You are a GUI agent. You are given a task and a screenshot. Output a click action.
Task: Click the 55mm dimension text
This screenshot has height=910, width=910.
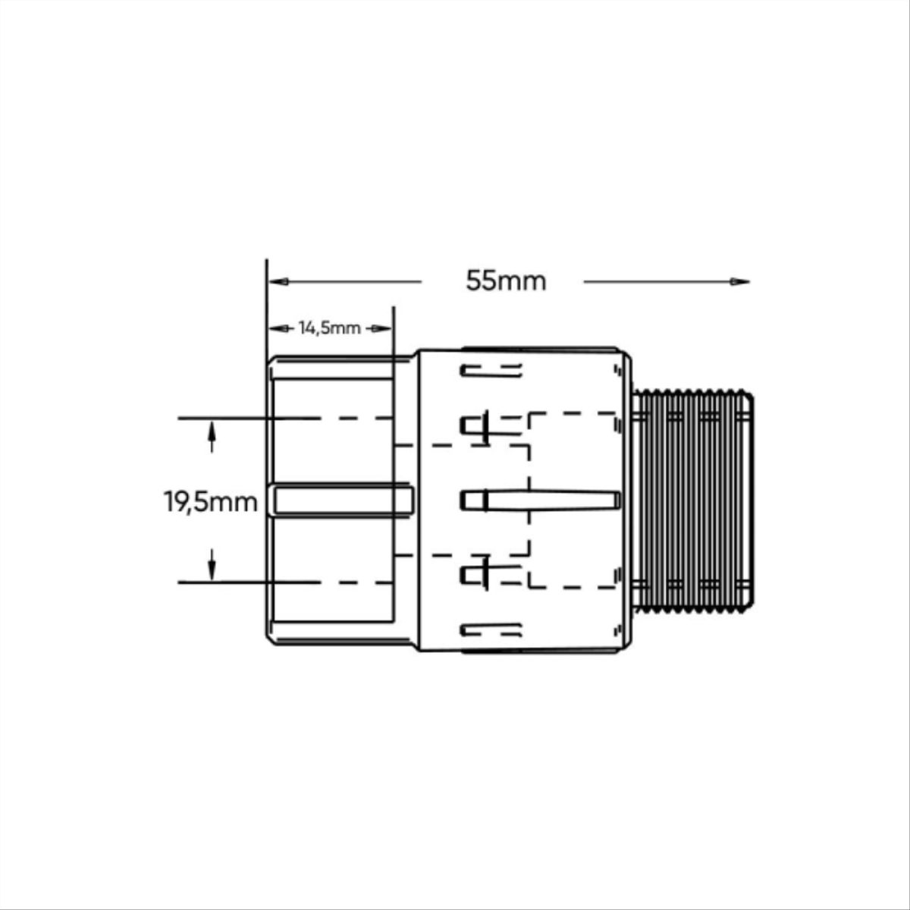(x=506, y=281)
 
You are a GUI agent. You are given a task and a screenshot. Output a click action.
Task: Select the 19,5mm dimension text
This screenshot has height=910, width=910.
(x=211, y=501)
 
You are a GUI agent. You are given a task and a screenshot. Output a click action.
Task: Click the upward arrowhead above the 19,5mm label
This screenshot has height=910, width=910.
(x=212, y=431)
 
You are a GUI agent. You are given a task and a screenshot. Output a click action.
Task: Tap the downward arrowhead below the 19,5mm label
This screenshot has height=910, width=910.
(x=212, y=570)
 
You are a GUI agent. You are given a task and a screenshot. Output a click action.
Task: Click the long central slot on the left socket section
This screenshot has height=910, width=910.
(x=343, y=500)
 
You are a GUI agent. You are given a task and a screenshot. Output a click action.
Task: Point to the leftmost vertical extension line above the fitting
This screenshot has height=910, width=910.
(x=267, y=303)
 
